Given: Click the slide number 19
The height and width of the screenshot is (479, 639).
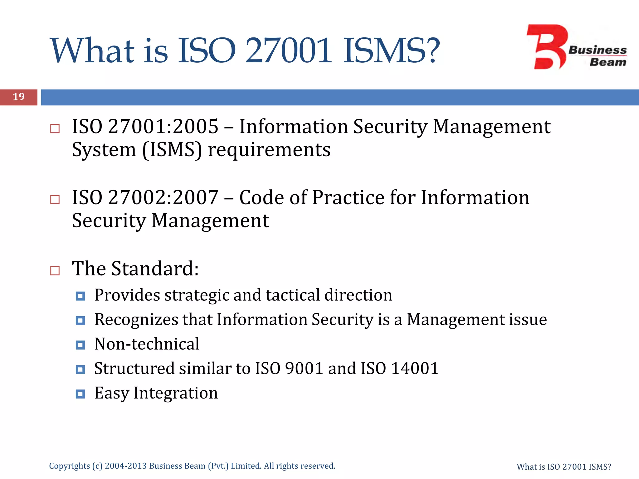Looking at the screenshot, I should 19,97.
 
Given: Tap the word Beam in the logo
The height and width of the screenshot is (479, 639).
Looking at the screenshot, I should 607,62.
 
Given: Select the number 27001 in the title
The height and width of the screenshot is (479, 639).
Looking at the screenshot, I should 288,51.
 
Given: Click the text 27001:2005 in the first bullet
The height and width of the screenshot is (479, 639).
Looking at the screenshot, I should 163,127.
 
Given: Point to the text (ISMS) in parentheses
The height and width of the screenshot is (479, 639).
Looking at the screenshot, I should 172,150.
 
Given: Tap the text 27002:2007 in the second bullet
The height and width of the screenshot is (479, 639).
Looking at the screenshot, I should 163,197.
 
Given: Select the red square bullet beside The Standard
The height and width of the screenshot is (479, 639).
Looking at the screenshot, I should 55,270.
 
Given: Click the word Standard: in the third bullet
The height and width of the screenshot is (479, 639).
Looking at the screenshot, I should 155,269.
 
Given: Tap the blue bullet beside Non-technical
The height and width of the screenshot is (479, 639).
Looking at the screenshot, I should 80,345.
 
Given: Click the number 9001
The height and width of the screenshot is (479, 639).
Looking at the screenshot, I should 304,369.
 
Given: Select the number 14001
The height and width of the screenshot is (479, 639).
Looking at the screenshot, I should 415,369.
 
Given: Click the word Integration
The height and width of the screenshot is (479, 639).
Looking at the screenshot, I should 176,393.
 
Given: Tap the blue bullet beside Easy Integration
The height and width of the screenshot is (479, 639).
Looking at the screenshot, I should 80,394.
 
